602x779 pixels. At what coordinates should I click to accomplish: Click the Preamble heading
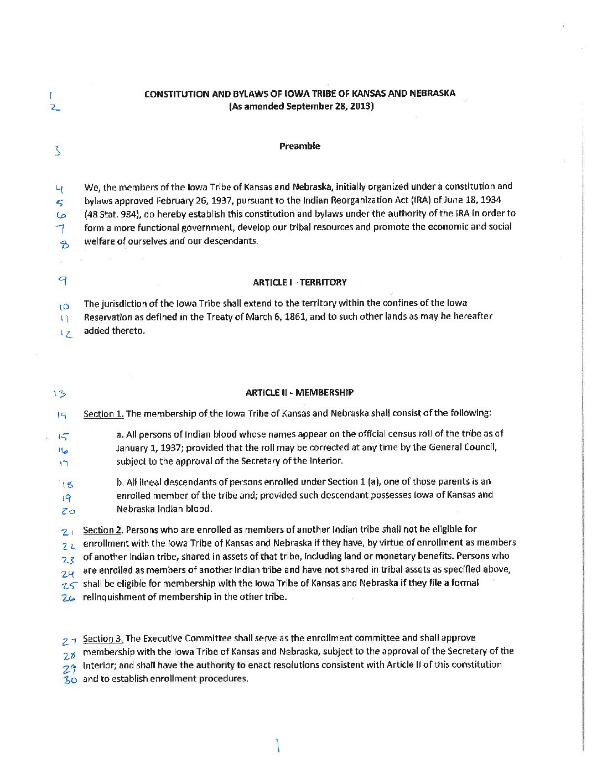click(x=299, y=146)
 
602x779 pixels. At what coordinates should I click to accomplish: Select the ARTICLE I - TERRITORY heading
click(x=299, y=282)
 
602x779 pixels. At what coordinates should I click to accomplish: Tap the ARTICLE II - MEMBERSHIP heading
click(x=299, y=393)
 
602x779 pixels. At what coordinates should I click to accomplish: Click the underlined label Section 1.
click(x=103, y=414)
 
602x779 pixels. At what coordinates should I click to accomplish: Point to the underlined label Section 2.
click(x=103, y=530)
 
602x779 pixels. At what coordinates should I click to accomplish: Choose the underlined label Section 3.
click(x=103, y=638)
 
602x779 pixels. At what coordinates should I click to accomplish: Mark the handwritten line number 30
click(x=69, y=680)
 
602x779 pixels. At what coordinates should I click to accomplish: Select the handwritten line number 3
click(x=57, y=150)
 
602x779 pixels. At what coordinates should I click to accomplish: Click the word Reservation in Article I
click(x=108, y=317)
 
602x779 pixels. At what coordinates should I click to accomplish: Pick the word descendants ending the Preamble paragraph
click(x=234, y=241)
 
